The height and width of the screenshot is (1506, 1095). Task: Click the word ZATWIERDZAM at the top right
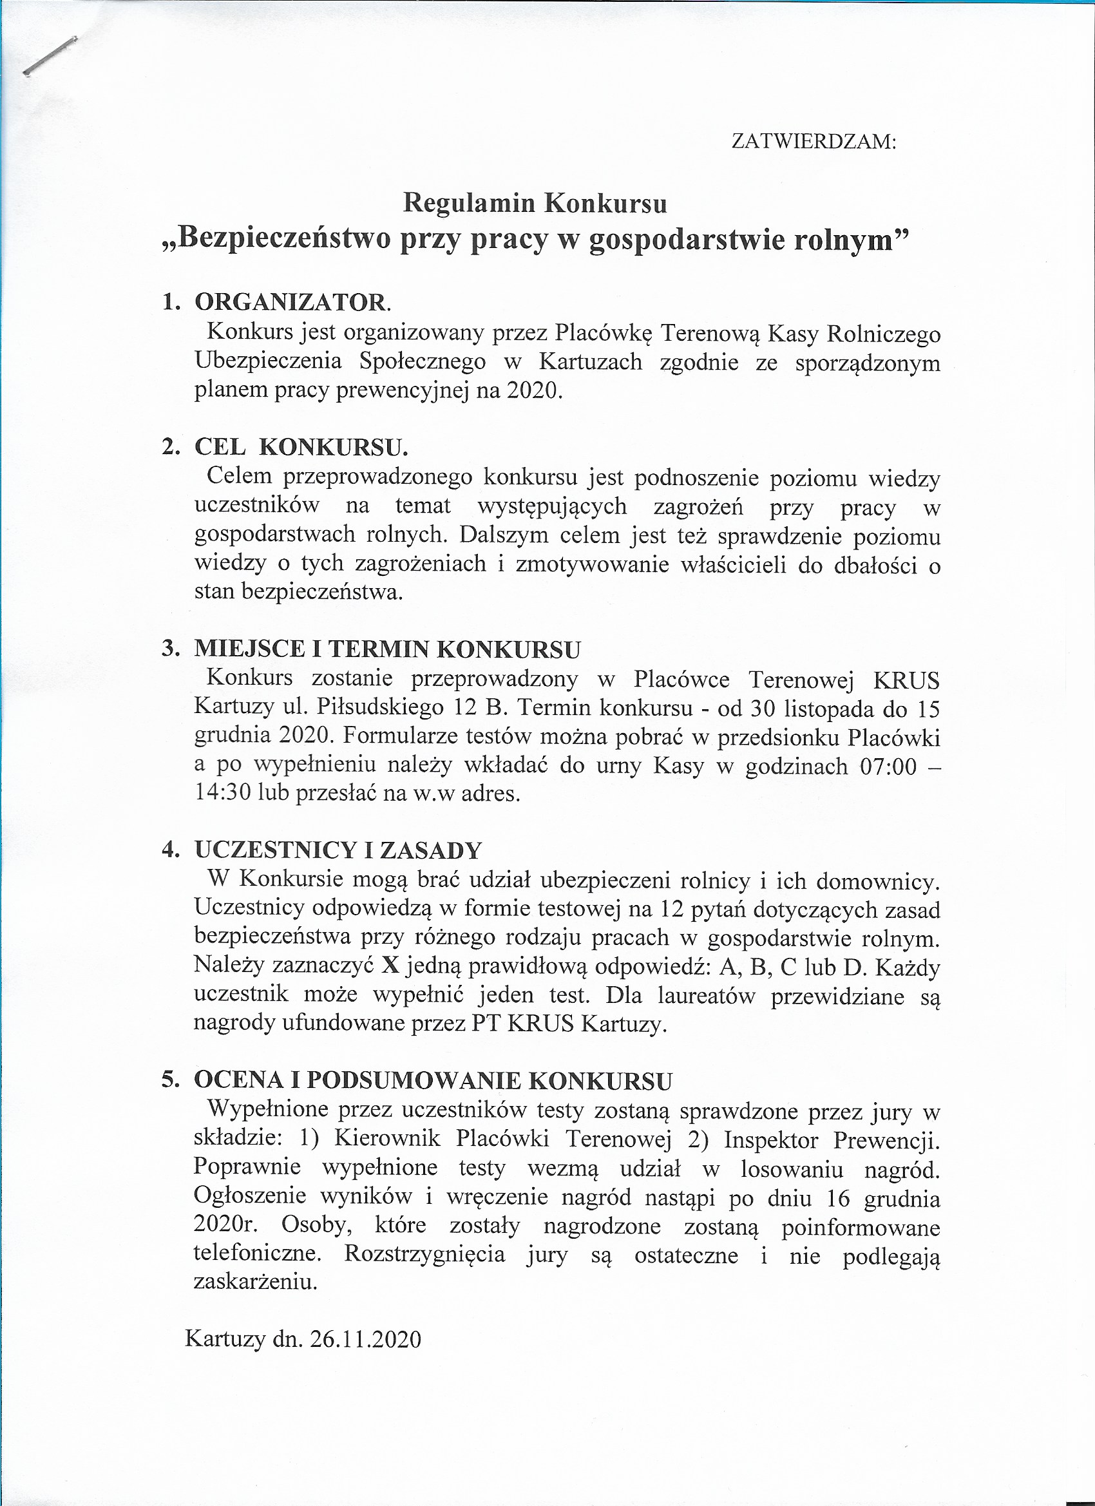tap(813, 142)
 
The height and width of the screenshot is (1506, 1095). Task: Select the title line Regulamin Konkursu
tap(535, 203)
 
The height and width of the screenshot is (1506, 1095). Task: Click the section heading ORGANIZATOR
tap(292, 302)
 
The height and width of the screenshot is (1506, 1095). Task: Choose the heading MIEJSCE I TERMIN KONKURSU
tap(386, 649)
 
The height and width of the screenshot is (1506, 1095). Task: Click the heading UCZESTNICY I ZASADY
tap(338, 850)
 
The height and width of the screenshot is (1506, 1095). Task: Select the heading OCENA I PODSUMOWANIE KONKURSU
tap(432, 1081)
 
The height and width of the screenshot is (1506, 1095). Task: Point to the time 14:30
tap(222, 794)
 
